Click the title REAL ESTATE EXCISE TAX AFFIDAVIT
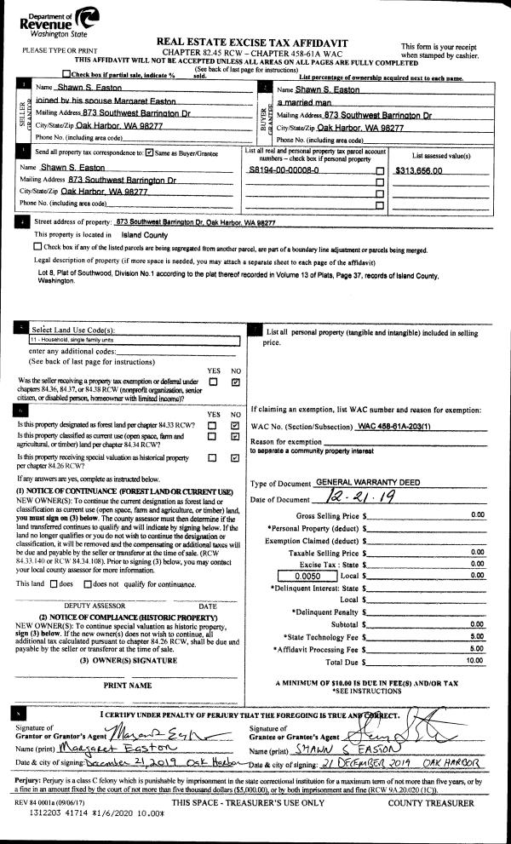click(255, 42)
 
